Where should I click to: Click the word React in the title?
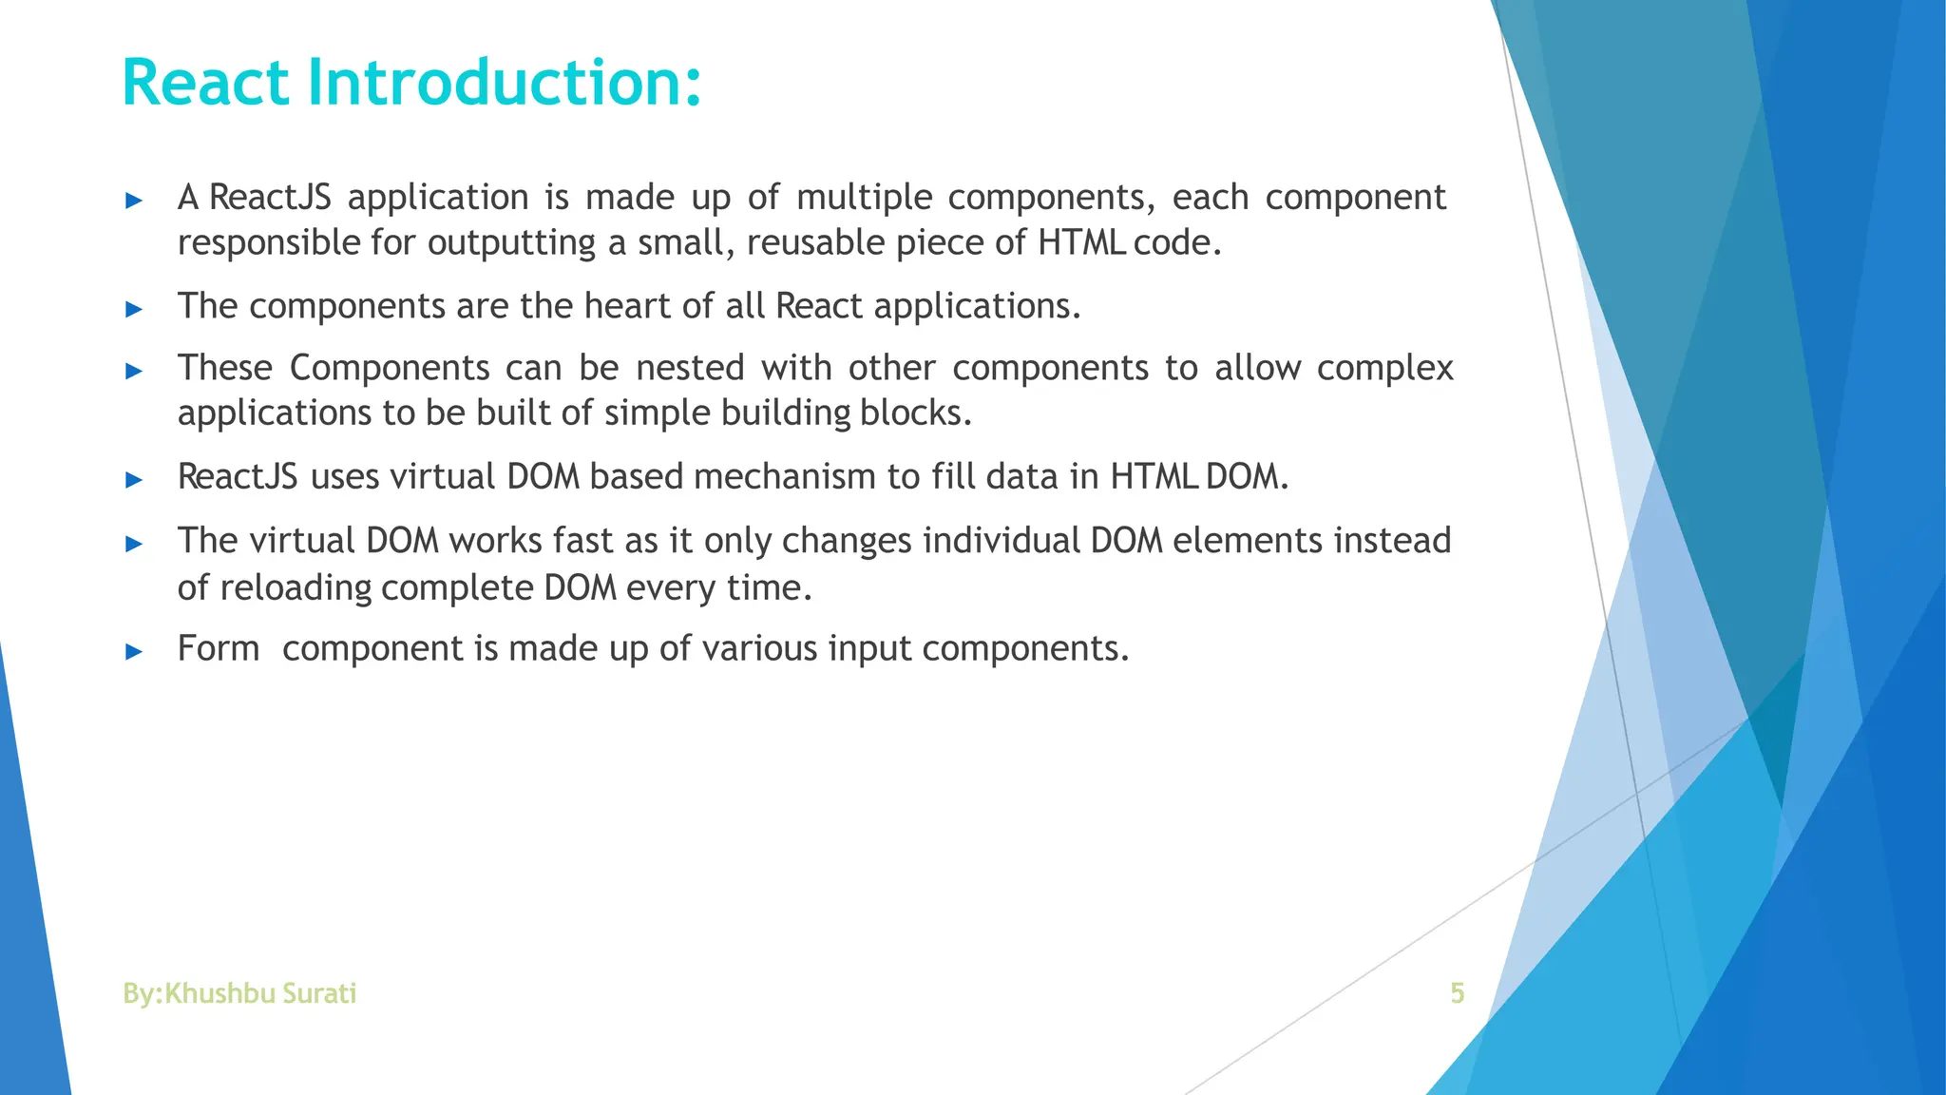coord(205,84)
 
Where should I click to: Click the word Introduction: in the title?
coord(505,84)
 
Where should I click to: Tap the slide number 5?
coord(1457,993)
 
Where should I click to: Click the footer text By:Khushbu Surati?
coord(239,993)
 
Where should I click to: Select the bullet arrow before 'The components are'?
coord(134,309)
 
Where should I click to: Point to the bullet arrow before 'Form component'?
coord(134,652)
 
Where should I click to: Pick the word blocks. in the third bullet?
coord(916,413)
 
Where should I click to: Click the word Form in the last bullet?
coord(218,649)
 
